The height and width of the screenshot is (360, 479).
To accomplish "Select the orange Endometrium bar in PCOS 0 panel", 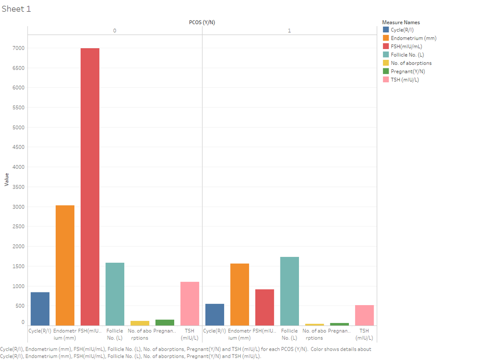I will [65, 265].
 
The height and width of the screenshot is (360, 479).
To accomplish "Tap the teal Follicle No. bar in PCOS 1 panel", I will [289, 291].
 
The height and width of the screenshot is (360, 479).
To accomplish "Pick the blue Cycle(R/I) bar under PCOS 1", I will [215, 315].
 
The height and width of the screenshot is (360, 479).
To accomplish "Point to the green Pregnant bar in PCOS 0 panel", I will [165, 323].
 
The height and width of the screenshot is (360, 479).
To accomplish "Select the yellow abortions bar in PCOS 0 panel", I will [140, 323].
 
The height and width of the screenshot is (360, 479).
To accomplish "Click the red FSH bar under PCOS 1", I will [265, 307].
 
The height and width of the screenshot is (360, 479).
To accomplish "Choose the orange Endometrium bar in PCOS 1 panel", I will [239, 294].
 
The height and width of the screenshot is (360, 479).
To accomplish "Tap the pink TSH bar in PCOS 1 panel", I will [364, 315].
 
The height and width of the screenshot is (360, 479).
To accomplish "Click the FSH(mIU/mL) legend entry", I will [406, 46].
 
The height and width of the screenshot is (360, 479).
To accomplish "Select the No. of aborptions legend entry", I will [411, 63].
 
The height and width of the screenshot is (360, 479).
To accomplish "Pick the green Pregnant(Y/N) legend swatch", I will [386, 71].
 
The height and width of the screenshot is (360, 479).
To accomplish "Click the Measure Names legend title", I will [401, 22].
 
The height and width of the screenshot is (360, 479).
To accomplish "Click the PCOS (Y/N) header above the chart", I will [202, 22].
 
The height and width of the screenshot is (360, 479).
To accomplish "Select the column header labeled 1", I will [289, 31].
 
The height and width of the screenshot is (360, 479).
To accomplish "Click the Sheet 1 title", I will [17, 9].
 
